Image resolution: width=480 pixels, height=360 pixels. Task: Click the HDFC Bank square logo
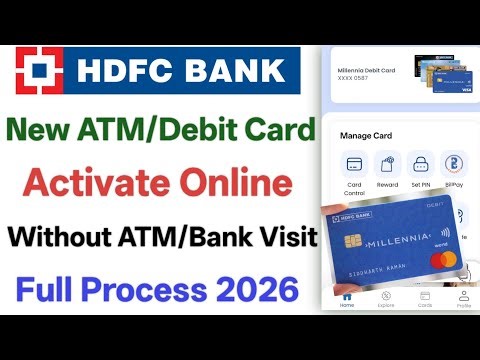point(41,70)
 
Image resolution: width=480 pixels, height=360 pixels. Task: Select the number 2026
point(251,291)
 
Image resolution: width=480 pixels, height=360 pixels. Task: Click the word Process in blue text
point(150,291)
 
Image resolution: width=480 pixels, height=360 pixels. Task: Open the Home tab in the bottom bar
point(346,297)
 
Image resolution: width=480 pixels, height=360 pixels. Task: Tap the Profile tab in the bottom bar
point(463,297)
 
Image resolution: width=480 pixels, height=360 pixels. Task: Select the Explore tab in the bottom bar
point(385,297)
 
